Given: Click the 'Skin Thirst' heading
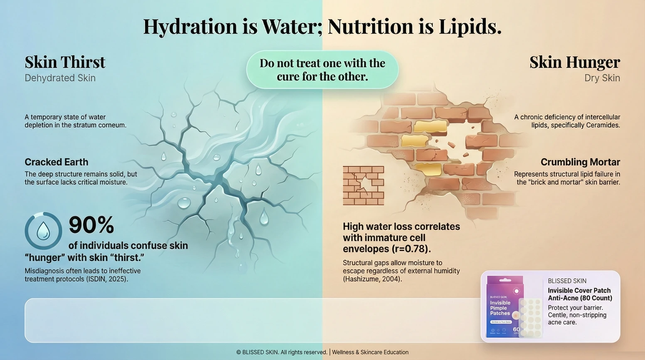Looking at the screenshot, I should (x=65, y=62).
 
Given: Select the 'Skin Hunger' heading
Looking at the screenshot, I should (x=574, y=62).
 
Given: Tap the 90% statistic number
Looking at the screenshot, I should (x=91, y=225).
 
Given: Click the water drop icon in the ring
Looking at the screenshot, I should (x=43, y=231).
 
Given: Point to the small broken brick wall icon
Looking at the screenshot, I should (x=363, y=185).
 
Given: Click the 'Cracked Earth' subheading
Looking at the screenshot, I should (x=57, y=162).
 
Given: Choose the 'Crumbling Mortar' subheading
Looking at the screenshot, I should (x=580, y=162).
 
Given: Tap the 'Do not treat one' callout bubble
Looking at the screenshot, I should (x=322, y=70).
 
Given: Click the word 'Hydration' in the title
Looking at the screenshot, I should (x=190, y=27).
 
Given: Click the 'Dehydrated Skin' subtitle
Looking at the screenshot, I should (x=60, y=78).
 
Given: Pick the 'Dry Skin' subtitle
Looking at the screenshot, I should (x=602, y=78).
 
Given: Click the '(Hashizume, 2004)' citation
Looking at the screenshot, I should (x=372, y=279).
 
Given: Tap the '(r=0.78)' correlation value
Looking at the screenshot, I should (x=411, y=249).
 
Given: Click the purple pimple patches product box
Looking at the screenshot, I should (x=505, y=307).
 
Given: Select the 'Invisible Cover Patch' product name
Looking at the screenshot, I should (x=579, y=291).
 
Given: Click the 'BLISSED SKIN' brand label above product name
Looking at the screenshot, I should (x=567, y=281).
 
